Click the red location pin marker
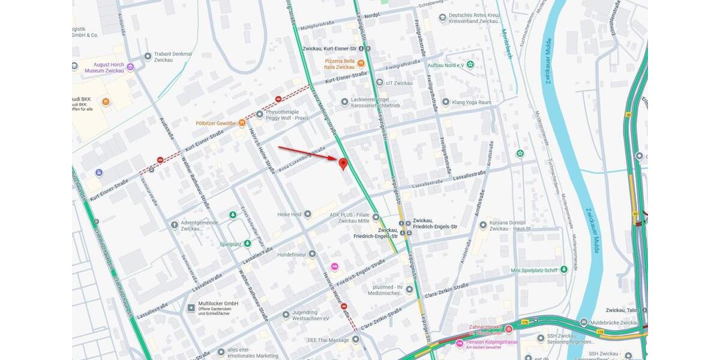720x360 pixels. tap(343, 163)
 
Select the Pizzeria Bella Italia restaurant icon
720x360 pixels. tap(361, 63)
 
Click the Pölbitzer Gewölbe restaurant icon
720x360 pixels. tap(242, 123)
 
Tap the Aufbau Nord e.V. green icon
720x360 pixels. tap(470, 64)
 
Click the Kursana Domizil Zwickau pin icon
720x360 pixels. tap(483, 225)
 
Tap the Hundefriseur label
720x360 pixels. tap(292, 254)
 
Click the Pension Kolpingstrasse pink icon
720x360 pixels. tap(460, 344)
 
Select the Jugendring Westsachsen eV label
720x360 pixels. tap(311, 314)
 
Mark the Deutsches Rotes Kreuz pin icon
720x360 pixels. tap(443, 17)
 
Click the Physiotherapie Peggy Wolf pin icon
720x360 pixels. tap(259, 114)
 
